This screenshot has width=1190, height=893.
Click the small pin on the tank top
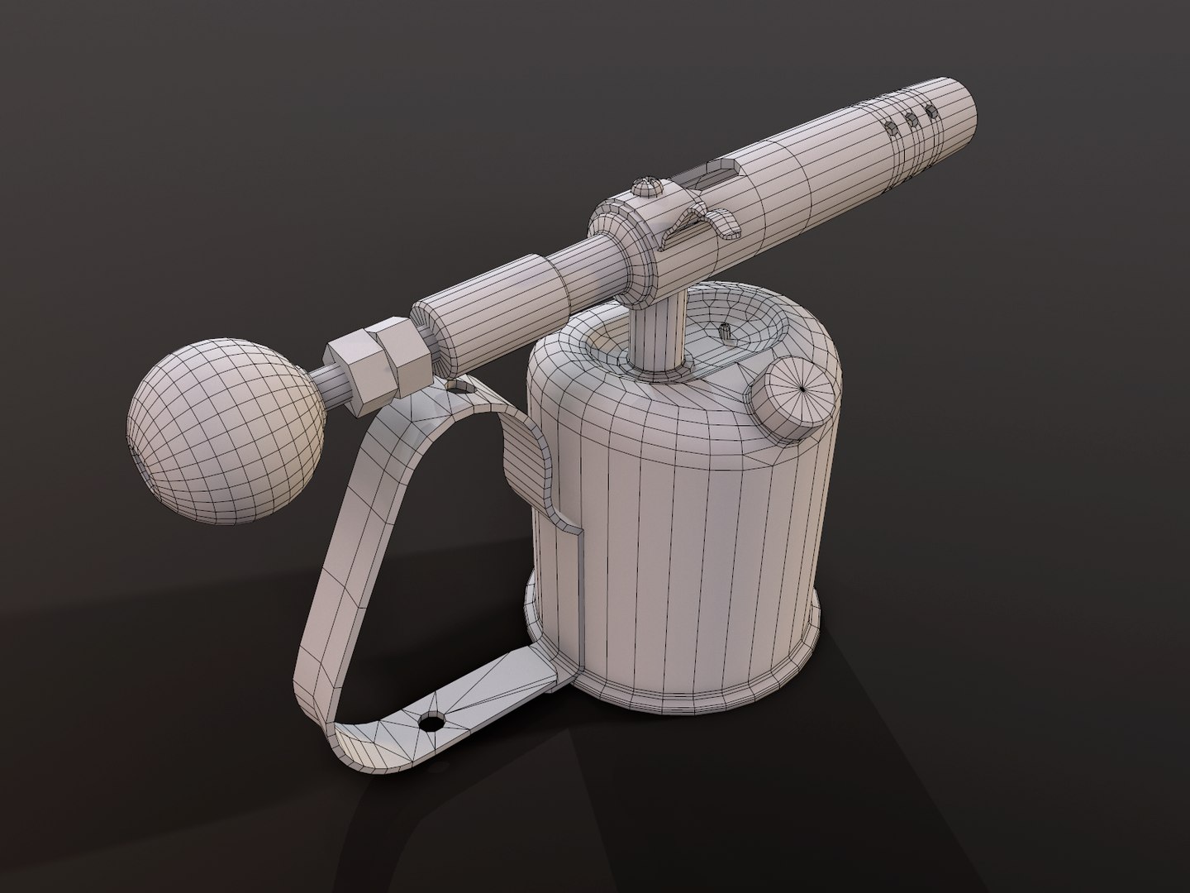click(x=726, y=332)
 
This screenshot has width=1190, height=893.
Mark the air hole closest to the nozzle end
click(x=932, y=111)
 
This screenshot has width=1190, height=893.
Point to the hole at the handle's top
click(x=454, y=385)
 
